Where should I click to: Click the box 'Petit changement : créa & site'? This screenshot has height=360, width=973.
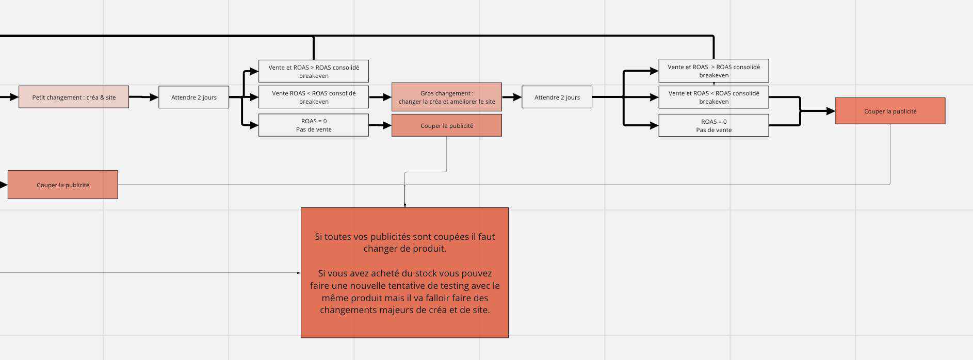(74, 97)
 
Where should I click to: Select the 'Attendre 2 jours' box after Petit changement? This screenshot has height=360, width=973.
(193, 97)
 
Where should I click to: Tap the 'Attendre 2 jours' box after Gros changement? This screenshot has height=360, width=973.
(557, 97)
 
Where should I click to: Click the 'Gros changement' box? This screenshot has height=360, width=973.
(446, 97)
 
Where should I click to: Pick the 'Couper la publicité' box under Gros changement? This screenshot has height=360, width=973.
(446, 125)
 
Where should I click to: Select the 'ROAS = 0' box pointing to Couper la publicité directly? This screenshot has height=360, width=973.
(313, 125)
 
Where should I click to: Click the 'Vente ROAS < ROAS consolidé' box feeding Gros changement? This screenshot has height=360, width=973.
(313, 97)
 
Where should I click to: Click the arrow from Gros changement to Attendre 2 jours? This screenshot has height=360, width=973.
(511, 97)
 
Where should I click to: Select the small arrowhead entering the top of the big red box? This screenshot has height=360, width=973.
(405, 205)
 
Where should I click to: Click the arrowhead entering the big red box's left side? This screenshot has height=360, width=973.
(299, 273)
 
